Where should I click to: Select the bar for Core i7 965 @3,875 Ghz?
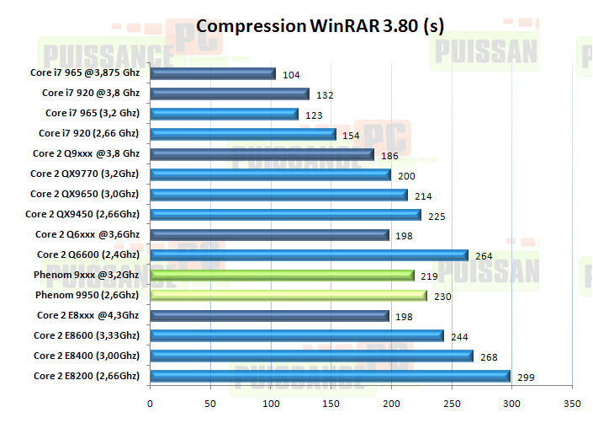coord(213,73)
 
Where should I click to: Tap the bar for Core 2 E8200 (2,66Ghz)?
coord(330,376)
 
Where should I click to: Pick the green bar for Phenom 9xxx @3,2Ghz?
coord(282,275)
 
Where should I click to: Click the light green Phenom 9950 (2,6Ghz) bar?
coord(289,296)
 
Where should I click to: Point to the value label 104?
coord(292,75)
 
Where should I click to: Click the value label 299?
coord(527,377)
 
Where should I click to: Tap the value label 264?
coord(485,256)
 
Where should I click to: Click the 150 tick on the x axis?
coord(331,403)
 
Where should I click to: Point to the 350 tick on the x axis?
coord(572,403)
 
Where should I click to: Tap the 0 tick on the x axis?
coord(151,403)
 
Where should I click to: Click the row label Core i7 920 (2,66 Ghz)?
coord(88,133)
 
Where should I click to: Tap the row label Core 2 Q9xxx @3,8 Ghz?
coord(86,153)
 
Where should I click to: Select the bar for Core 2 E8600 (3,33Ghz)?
coord(297,335)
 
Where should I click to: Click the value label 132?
coord(326,95)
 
